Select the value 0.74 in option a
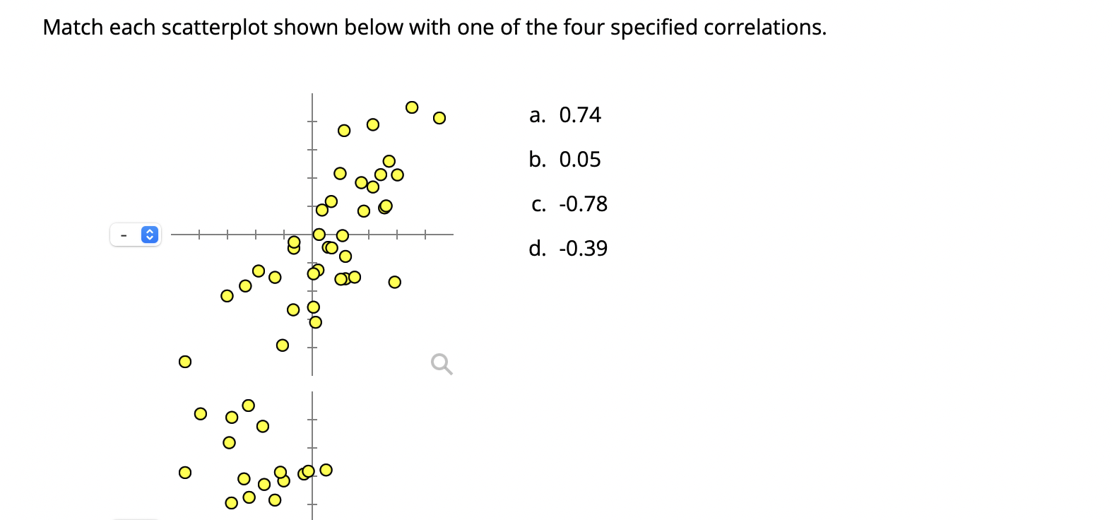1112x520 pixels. point(579,115)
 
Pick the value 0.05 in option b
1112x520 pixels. point(579,160)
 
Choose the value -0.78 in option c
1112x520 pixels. point(583,204)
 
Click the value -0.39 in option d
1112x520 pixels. point(583,249)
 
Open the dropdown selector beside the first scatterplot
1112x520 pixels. point(135,234)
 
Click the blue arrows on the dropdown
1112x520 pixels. point(149,234)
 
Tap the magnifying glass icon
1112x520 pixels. point(442,364)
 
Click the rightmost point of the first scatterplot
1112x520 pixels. point(439,117)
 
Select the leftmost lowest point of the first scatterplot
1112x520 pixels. point(184,362)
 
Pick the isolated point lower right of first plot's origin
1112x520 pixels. point(394,282)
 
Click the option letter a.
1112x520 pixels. point(537,115)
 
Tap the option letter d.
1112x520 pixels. point(537,249)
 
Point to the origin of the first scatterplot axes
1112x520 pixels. point(312,234)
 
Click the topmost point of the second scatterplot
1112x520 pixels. point(248,405)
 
